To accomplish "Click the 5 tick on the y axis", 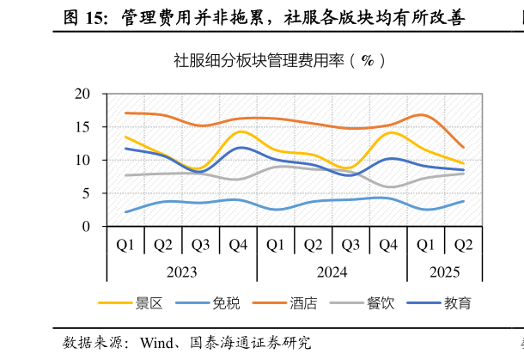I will click(x=87, y=193).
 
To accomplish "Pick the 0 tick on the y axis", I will click(x=87, y=227).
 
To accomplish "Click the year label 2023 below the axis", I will click(x=181, y=272).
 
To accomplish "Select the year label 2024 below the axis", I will click(x=332, y=272).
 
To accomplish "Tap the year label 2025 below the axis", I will click(x=444, y=272).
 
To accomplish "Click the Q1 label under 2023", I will click(x=125, y=245).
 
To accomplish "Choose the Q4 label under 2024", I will click(x=388, y=245).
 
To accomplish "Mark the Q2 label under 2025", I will click(x=463, y=245).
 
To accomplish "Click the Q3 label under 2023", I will click(x=200, y=245).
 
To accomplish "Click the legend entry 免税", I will click(x=225, y=303).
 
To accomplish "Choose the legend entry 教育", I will click(x=457, y=303).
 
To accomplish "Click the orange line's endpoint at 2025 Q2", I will click(x=463, y=147).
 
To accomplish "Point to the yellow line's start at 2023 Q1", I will click(x=125, y=137).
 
